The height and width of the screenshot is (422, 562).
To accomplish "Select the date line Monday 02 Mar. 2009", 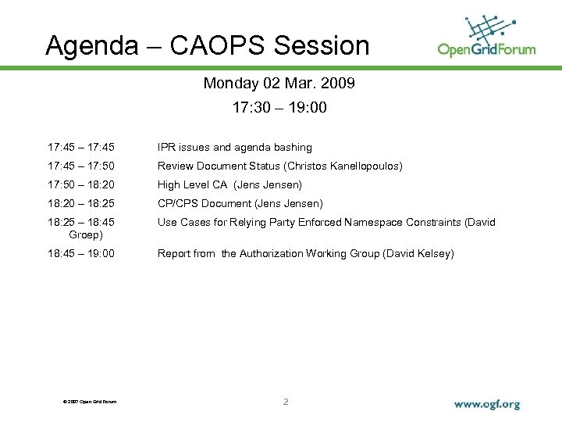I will click(x=279, y=83).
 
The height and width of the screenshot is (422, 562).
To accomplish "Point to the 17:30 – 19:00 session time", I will click(x=279, y=108).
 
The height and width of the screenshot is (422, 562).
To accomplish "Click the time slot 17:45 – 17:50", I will click(x=81, y=166).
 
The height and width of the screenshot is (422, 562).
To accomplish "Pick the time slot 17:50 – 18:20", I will click(x=81, y=184).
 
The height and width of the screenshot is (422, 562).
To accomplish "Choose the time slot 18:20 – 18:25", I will click(x=81, y=203).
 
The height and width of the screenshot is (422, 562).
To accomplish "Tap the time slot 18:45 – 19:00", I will click(x=81, y=253).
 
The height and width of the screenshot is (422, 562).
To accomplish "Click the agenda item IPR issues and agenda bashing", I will click(x=234, y=147).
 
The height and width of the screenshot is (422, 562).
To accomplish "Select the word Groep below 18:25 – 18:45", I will click(x=86, y=234).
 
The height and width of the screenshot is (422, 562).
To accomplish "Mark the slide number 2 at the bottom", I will click(x=286, y=402).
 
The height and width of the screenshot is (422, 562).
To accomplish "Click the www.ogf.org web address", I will click(x=487, y=405).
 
